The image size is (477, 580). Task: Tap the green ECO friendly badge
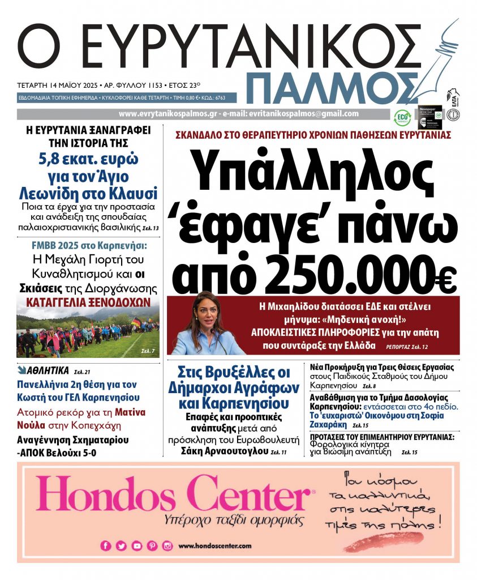tap(402, 117)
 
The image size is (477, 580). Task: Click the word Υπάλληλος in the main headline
tap(312, 167)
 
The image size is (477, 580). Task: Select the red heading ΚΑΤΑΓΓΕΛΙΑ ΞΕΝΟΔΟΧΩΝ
tap(88, 301)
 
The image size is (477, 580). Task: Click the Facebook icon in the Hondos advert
tap(105, 546)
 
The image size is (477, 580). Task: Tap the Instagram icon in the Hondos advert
tap(167, 546)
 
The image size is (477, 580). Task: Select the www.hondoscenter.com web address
tap(214, 546)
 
